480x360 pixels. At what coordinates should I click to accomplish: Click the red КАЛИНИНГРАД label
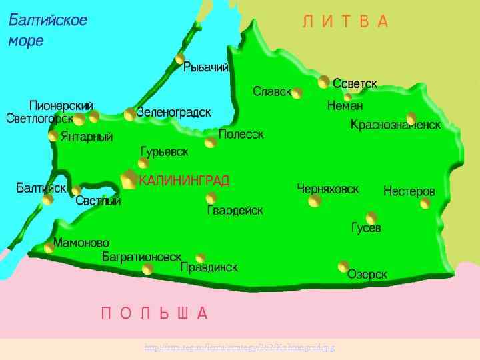[x=185, y=181]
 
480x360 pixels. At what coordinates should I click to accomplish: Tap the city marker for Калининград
[x=129, y=179]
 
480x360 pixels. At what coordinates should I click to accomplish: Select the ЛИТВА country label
[x=345, y=22]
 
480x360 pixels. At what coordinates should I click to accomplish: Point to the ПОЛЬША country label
[x=155, y=313]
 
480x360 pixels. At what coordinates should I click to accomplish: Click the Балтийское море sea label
[x=47, y=30]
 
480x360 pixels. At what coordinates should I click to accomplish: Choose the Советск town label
[x=355, y=84]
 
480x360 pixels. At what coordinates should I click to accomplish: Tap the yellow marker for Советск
[x=324, y=82]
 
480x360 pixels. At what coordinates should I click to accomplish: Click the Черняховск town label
[x=328, y=189]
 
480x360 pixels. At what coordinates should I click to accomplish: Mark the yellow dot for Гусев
[x=371, y=217]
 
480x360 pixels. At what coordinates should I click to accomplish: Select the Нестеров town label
[x=409, y=191]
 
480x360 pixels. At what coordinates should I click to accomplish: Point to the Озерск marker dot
[x=343, y=267]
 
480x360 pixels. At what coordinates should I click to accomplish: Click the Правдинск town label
[x=209, y=267]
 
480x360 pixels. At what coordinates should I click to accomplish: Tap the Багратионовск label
[x=141, y=256]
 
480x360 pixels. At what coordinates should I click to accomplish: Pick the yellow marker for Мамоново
[x=49, y=248]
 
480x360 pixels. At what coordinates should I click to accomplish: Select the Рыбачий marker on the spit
[x=179, y=59]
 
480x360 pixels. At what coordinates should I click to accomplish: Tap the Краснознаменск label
[x=396, y=125]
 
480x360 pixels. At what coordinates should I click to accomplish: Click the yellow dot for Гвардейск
[x=211, y=197]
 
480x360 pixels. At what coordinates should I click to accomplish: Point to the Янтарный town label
[x=87, y=137]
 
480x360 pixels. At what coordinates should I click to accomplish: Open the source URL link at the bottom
[x=239, y=348]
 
